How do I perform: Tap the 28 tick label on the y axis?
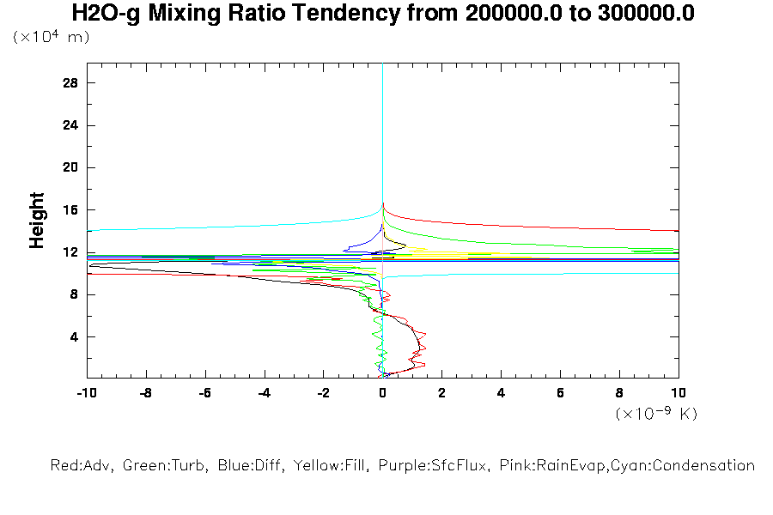[70, 82]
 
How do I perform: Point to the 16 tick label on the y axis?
[70, 209]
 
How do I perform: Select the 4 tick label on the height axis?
[74, 336]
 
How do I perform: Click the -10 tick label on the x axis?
[86, 392]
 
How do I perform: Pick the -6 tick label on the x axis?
[204, 392]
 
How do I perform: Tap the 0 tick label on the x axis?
[382, 392]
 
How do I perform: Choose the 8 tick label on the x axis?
[619, 392]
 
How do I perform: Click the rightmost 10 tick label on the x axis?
[678, 392]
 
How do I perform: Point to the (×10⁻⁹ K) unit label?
[656, 414]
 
